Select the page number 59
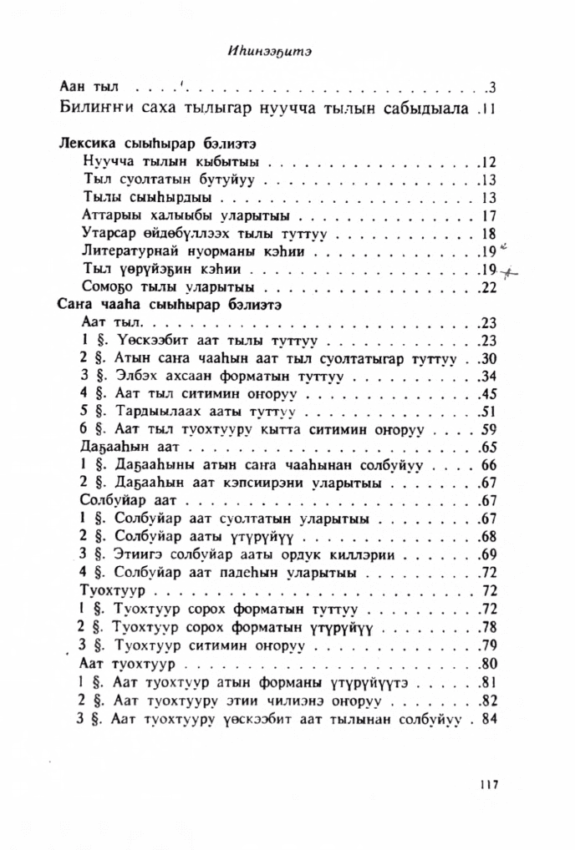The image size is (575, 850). [x=489, y=431]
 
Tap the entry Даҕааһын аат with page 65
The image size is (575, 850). [x=112, y=448]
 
